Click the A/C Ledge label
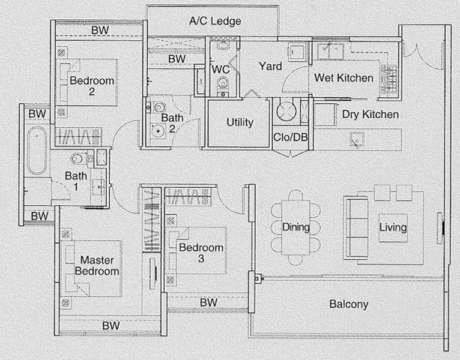point(215,21)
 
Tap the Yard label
point(270,66)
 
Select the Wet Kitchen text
point(344,77)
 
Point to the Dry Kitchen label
point(371,115)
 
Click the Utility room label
point(240,122)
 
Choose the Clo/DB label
point(291,137)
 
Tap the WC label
point(220,70)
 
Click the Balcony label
point(349,304)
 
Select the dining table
point(296,227)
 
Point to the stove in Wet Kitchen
point(389,79)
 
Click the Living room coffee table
point(393,228)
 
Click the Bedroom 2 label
point(92,86)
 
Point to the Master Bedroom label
point(97,266)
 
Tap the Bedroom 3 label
point(201,253)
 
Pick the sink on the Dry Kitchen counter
point(357,140)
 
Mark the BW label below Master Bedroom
point(111,325)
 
